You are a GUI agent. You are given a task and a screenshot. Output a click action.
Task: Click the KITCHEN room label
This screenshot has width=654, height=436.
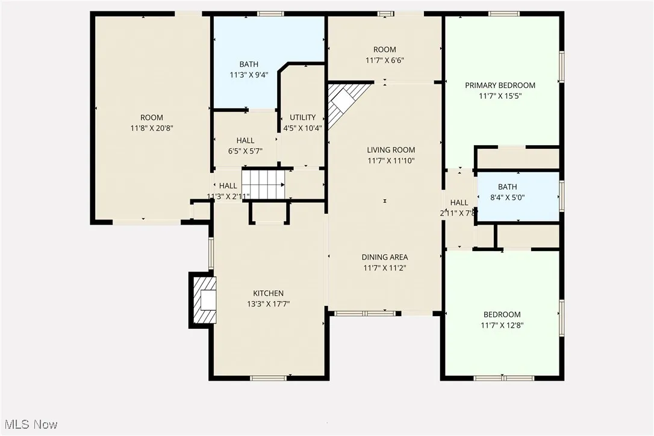pos(269,293)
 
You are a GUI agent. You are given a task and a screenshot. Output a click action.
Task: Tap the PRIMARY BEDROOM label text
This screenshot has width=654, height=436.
pos(500,86)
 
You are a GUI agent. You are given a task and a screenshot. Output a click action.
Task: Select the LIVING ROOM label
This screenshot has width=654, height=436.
pos(391,150)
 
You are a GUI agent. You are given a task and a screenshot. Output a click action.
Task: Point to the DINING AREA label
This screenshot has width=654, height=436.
pos(385,257)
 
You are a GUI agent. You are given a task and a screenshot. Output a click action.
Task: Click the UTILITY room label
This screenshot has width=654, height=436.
pos(302,117)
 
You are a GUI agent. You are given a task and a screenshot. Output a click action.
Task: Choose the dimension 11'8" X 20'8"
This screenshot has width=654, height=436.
pos(152,128)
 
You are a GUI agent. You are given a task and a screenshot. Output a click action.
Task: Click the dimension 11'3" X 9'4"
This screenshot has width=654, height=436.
pos(249,75)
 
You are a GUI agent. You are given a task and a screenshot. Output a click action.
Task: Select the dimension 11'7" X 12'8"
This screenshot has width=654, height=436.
pos(502,325)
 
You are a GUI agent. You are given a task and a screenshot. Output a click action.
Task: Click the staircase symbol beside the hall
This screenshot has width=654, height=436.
pos(263,184)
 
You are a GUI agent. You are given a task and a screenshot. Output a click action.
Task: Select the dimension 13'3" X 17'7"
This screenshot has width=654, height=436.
pos(269,304)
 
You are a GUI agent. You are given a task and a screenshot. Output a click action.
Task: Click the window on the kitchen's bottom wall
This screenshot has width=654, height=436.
pos(268,378)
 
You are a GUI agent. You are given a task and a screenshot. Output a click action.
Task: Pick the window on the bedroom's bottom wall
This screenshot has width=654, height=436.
pos(503,378)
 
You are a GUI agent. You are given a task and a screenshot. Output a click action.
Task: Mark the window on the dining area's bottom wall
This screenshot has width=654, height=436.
pos(364,313)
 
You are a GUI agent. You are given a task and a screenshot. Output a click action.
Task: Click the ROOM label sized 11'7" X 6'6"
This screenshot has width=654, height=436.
pos(384,50)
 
